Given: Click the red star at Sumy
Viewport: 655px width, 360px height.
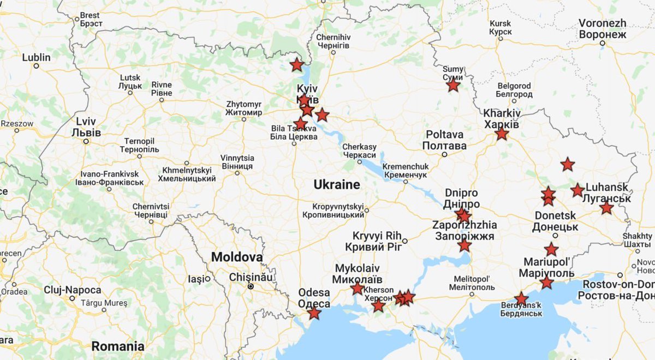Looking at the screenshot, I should tap(453, 85).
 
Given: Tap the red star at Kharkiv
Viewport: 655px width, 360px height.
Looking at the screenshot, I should tap(502, 134).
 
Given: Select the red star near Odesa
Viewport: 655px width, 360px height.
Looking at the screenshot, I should tap(314, 313).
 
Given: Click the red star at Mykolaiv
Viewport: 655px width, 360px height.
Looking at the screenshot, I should tap(358, 289).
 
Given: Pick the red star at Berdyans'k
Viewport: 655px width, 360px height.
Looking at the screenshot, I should tap(521, 299).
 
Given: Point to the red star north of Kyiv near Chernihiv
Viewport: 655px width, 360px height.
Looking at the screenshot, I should tap(296, 65).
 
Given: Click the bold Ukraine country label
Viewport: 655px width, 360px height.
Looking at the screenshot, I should tap(336, 185).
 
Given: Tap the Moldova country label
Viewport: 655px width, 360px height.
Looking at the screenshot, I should tap(237, 257).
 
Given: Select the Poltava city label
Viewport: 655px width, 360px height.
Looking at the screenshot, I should tap(444, 140).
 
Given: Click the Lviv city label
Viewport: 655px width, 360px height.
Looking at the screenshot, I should tap(86, 127).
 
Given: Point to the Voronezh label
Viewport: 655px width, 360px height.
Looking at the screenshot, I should tap(602, 29).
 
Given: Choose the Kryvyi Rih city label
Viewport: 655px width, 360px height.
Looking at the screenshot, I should tap(377, 241).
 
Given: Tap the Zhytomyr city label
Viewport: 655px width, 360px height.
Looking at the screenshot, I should tap(243, 108).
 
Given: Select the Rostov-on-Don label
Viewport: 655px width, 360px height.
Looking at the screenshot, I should tap(618, 290).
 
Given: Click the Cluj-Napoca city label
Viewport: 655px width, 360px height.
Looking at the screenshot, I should tap(73, 290).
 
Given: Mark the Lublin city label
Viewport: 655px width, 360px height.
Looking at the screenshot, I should tap(36, 58).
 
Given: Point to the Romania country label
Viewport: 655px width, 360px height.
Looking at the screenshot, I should tap(117, 346).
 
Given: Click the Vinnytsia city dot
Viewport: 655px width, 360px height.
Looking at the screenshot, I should tap(237, 173).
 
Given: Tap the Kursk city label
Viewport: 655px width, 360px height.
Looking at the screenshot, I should tap(501, 28).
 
